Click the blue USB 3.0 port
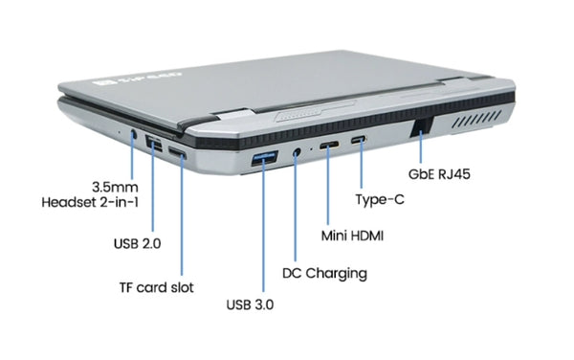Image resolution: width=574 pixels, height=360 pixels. click(x=264, y=158)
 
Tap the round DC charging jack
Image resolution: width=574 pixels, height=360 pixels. click(x=297, y=152)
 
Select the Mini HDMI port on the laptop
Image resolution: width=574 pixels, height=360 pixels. click(x=329, y=145)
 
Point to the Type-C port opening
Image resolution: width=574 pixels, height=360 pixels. click(x=359, y=140)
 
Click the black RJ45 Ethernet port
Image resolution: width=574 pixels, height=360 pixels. click(x=421, y=126)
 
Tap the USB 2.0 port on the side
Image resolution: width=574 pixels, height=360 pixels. click(x=154, y=144)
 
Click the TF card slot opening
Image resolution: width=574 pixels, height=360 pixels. click(x=177, y=152)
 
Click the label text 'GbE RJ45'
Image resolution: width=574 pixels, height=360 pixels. click(x=439, y=174)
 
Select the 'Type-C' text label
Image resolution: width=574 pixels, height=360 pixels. click(x=380, y=199)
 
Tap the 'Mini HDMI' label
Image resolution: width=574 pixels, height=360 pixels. click(x=352, y=236)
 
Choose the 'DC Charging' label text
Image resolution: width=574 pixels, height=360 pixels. click(x=324, y=274)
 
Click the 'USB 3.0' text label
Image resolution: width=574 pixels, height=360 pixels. click(x=250, y=304)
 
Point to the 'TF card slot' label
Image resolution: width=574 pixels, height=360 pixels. click(x=157, y=287)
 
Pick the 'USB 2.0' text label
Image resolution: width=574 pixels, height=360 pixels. click(x=137, y=243)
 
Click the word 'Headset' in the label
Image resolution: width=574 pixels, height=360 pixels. click(x=69, y=203)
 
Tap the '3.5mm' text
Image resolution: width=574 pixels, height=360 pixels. click(x=115, y=187)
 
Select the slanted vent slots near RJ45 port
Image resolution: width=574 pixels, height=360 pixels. click(x=476, y=120)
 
